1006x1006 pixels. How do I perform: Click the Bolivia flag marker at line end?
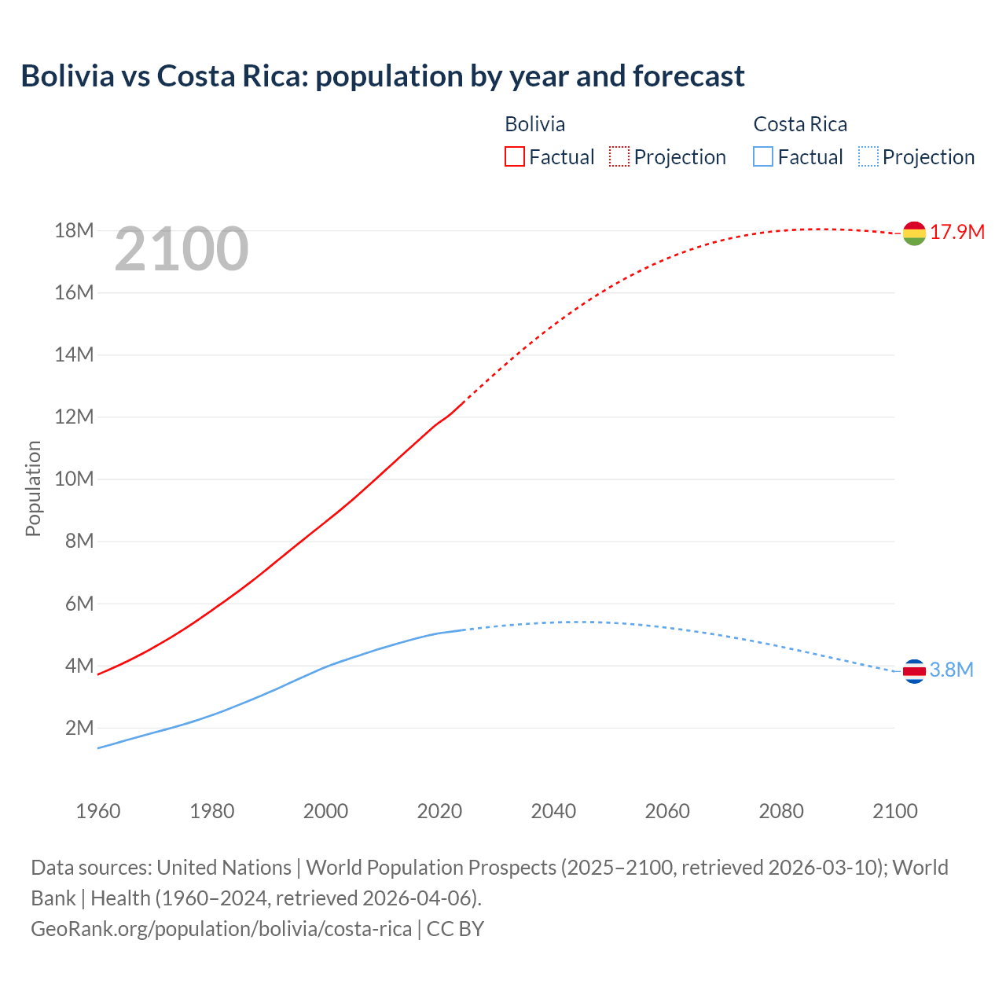914,233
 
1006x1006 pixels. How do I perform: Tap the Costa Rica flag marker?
914,671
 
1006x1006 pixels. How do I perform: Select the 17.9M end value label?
957,232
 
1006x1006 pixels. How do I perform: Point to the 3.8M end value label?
951,670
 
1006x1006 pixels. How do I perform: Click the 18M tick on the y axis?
74,230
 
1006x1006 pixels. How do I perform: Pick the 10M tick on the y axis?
74,479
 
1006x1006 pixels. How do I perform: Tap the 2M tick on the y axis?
79,728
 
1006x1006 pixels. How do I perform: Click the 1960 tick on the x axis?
98,811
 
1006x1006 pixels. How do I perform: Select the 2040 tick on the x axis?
553,811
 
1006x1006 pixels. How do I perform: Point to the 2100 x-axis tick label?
894,811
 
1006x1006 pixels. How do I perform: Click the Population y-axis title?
33,488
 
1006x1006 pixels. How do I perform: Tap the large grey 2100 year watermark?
182,249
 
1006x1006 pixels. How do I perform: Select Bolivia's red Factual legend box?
514,156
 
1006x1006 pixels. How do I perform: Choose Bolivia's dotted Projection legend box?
619,156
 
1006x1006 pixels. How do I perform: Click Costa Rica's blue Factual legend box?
763,156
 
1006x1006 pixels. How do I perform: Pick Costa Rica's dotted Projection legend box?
868,156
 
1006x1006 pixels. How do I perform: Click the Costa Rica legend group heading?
800,124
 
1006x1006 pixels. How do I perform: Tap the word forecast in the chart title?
688,76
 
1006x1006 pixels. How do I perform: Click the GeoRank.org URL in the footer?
221,928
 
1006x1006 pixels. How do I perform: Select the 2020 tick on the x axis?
439,811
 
